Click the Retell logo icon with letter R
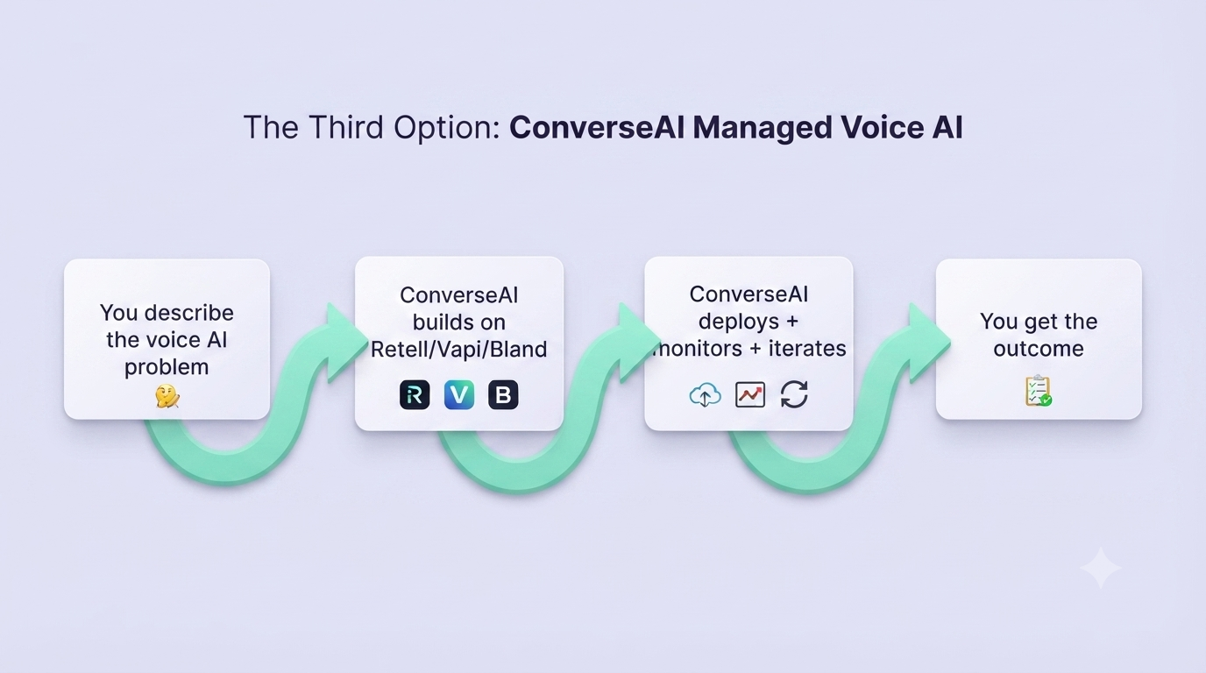coord(415,394)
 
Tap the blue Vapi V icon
coord(459,394)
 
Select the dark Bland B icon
coord(503,394)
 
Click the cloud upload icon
coord(706,394)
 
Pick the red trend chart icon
coord(750,394)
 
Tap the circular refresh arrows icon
coord(794,394)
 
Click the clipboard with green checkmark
coord(1039,390)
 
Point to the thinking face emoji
coord(167,396)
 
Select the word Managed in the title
coord(762,129)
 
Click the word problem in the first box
coord(167,368)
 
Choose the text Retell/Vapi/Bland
coord(458,350)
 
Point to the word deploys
coord(739,322)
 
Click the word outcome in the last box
coord(1039,349)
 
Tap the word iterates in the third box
coord(807,349)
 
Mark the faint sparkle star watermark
coord(1101,568)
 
